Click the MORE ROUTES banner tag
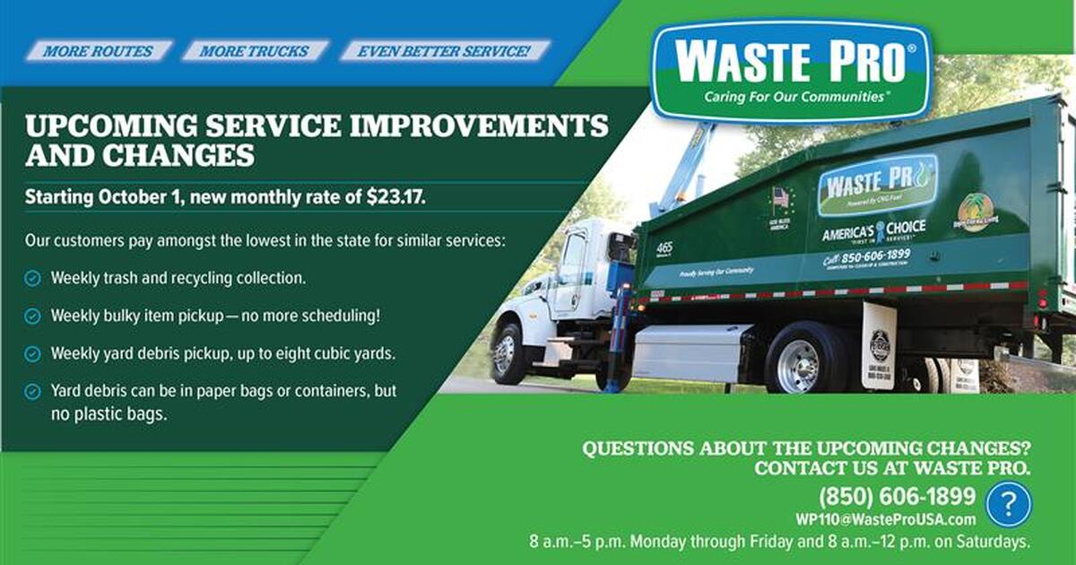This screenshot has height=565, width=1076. point(98,51)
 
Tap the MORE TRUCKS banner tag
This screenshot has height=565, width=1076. point(255,51)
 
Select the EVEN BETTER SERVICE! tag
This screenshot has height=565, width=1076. point(444,51)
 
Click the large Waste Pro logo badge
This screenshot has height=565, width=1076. point(792,70)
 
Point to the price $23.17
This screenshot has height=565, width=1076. point(395,197)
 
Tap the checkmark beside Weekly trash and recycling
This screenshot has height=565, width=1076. point(32,279)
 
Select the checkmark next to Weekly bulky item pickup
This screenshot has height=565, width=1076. point(32,317)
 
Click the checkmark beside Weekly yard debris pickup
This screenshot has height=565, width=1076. point(32,354)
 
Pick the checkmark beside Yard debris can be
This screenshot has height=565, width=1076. point(32,392)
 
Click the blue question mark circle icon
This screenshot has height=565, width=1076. point(1008,504)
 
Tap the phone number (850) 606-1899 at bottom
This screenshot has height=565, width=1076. point(897,496)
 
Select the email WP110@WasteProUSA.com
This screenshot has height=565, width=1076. point(885,519)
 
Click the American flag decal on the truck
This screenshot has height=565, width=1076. point(779,197)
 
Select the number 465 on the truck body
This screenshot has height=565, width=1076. point(664,248)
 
